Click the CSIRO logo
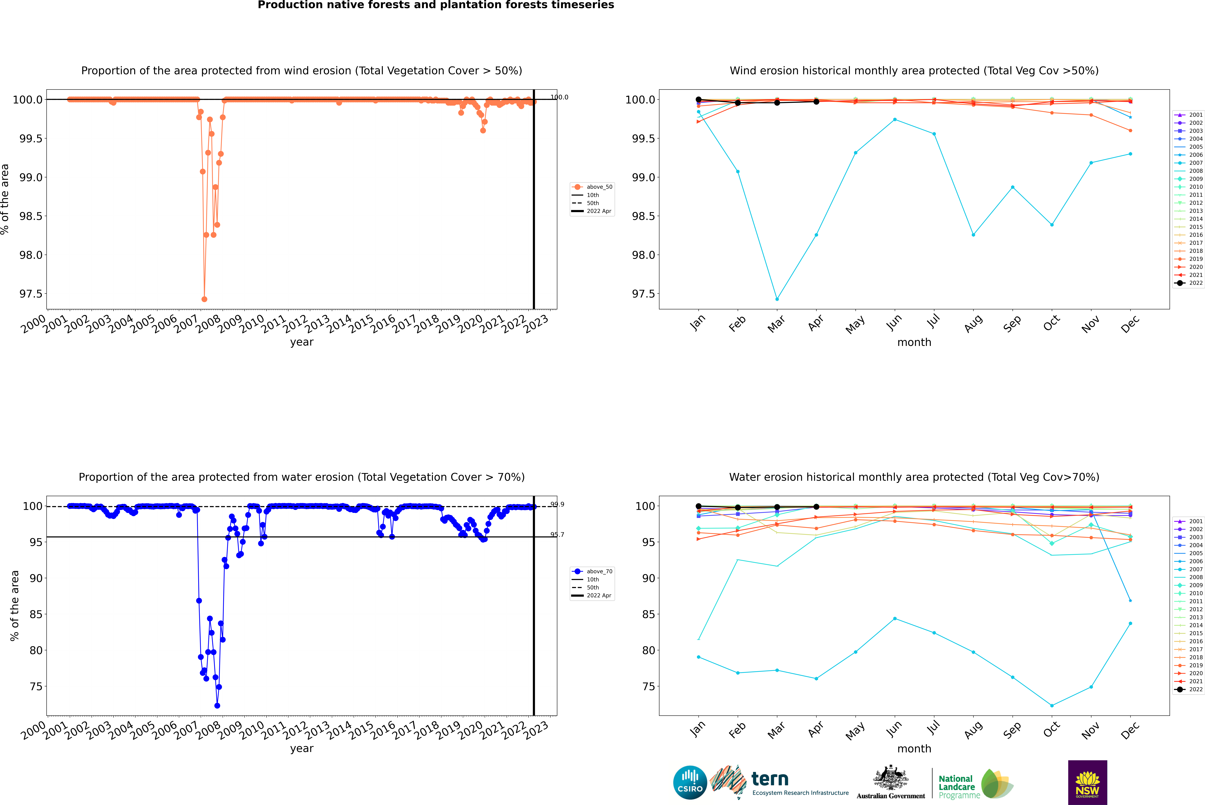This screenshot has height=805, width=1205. [690, 782]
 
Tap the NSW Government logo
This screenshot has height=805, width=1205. [1087, 782]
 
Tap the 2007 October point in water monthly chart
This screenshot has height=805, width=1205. [1051, 705]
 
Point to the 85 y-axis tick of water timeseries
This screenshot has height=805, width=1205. [36, 615]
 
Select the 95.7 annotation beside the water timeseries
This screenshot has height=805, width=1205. [557, 535]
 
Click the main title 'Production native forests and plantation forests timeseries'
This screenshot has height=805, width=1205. [436, 5]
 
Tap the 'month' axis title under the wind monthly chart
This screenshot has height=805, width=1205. [914, 342]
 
